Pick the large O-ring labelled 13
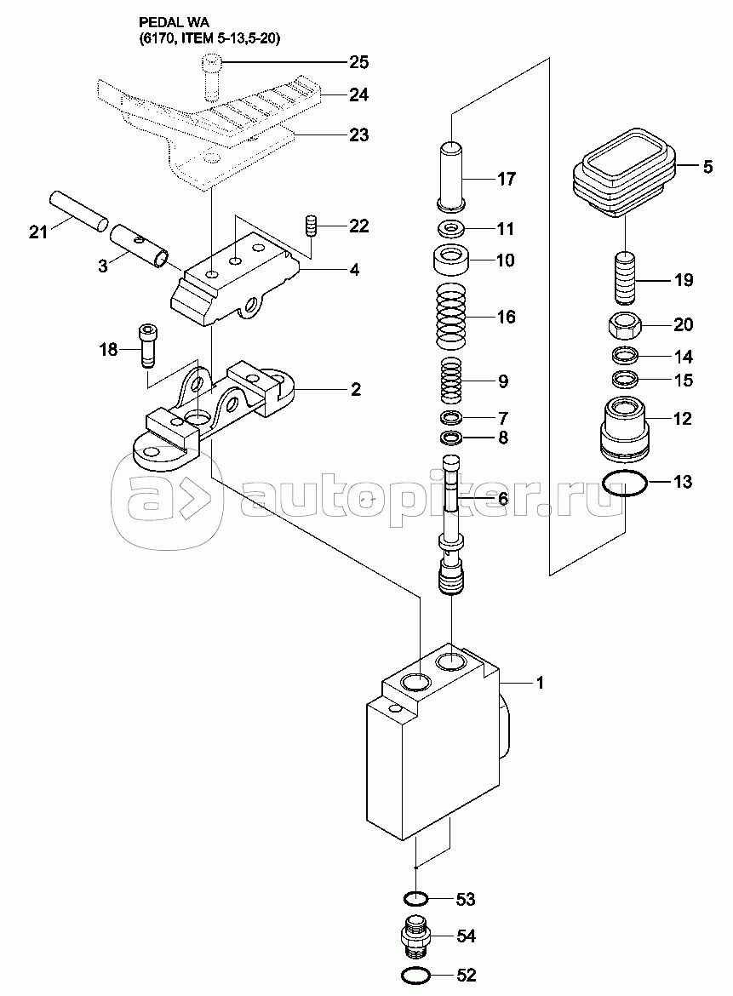pos(625,484)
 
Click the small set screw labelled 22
pos(311,227)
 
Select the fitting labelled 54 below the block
pos(415,937)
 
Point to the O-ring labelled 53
pos(415,899)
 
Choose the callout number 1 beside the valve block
pos(539,683)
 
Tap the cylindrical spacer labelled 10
pos(453,259)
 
